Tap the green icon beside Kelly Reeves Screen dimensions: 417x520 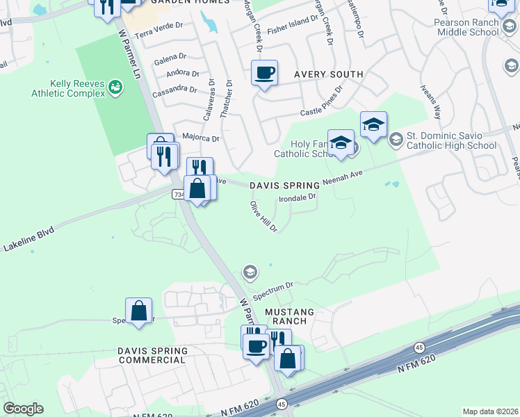(x=115, y=86)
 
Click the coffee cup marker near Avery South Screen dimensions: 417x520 (x=264, y=72)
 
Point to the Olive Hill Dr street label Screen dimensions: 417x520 (x=264, y=217)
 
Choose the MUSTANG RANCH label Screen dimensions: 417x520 (x=289, y=318)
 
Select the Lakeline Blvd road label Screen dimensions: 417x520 (x=28, y=240)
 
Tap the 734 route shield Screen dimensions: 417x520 (x=178, y=195)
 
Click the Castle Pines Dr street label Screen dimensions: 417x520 (x=322, y=101)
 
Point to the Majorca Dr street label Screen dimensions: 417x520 (x=200, y=138)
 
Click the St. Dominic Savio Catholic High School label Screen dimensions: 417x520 (x=451, y=141)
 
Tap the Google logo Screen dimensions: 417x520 (x=23, y=409)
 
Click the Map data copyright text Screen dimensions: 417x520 (x=491, y=411)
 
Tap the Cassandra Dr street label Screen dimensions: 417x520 (x=177, y=89)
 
